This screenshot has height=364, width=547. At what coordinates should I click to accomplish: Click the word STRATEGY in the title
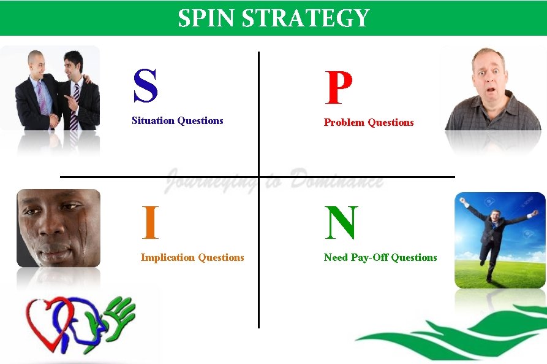coord(306,18)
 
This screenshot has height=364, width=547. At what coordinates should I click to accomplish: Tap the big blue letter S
coord(145,87)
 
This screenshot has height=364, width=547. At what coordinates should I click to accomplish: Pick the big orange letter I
coord(150,223)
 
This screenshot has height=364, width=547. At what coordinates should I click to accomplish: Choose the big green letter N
coord(341,223)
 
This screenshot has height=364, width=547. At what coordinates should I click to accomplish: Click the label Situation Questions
coord(177,121)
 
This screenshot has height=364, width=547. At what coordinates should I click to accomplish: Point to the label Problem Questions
coord(368,123)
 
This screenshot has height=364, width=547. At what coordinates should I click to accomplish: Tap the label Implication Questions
coord(192,258)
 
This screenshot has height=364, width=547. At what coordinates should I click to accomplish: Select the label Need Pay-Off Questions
coord(380,258)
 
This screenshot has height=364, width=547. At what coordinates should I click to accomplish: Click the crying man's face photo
coord(58,228)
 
